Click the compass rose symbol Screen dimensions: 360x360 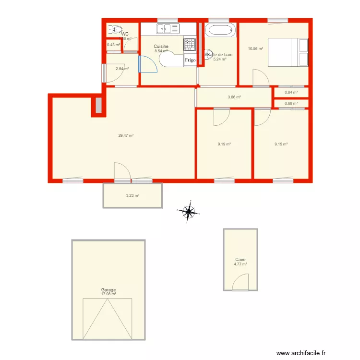(189, 211)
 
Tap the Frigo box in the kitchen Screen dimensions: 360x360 (190, 60)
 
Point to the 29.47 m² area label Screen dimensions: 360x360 (126, 135)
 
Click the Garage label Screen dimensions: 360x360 (108, 290)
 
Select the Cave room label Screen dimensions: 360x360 (240, 259)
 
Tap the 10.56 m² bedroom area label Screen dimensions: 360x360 (255, 48)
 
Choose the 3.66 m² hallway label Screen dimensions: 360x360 (234, 97)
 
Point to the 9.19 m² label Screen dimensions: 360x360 (224, 144)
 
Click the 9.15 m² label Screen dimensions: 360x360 (281, 144)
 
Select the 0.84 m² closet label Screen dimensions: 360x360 (291, 92)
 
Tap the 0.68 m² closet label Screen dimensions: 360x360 (291, 103)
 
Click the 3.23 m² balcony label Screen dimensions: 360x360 (132, 195)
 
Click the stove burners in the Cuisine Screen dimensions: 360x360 (190, 45)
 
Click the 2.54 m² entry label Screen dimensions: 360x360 (122, 69)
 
